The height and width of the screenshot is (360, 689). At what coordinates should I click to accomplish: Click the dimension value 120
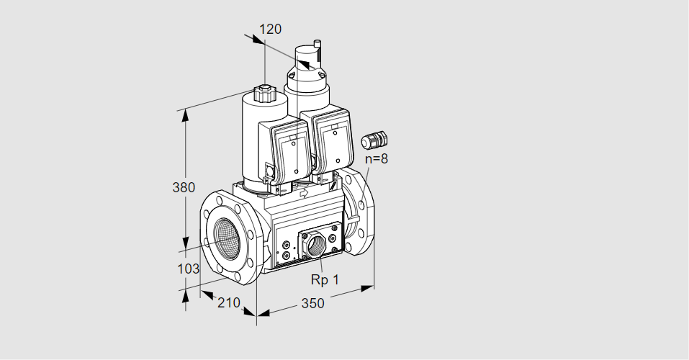click(270, 29)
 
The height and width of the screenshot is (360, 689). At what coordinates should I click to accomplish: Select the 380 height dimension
click(184, 187)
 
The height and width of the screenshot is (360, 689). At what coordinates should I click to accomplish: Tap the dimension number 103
click(188, 269)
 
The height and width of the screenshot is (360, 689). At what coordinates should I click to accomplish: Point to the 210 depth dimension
click(228, 302)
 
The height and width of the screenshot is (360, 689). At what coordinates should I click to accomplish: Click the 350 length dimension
click(312, 303)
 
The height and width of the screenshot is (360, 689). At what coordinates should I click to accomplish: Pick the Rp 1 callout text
click(325, 279)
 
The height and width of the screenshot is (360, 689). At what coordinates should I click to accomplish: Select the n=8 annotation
click(377, 158)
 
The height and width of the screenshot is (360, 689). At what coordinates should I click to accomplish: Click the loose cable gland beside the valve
click(374, 140)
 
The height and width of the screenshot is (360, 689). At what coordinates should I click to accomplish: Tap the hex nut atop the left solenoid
click(264, 93)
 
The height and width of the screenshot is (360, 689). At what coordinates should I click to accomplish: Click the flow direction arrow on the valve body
click(304, 192)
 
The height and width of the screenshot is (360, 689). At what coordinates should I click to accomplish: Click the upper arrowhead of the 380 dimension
click(186, 116)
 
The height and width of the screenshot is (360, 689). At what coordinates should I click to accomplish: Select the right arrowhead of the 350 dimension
click(367, 288)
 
